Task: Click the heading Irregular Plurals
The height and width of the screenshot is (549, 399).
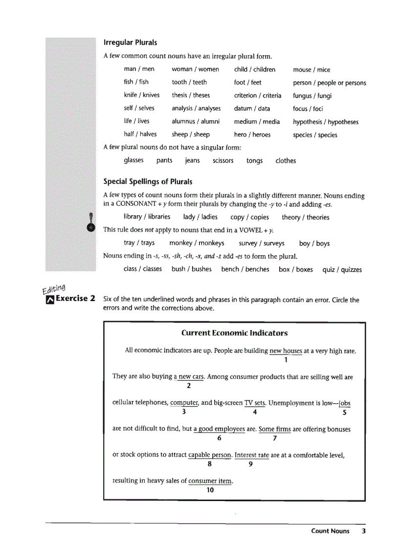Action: (x=130, y=43)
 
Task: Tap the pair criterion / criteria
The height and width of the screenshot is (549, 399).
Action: (x=257, y=95)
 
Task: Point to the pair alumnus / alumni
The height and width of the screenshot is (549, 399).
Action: (x=196, y=121)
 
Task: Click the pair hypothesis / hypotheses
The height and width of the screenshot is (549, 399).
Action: (x=325, y=122)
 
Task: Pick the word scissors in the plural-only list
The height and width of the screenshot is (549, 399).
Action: (x=223, y=160)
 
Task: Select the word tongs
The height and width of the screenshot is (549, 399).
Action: (x=254, y=160)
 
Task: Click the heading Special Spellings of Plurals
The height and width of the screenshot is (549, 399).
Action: (x=148, y=182)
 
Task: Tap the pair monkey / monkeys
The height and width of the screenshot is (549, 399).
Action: (x=197, y=243)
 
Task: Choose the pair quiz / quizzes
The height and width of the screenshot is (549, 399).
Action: (x=342, y=269)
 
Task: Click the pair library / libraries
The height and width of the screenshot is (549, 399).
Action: (x=147, y=217)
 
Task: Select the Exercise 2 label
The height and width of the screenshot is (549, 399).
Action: (x=70, y=298)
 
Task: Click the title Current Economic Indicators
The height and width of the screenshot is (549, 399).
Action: (x=234, y=333)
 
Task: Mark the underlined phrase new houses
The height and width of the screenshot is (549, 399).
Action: (x=286, y=351)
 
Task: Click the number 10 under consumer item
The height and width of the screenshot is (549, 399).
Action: (x=210, y=490)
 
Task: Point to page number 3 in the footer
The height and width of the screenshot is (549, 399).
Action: (x=363, y=531)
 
